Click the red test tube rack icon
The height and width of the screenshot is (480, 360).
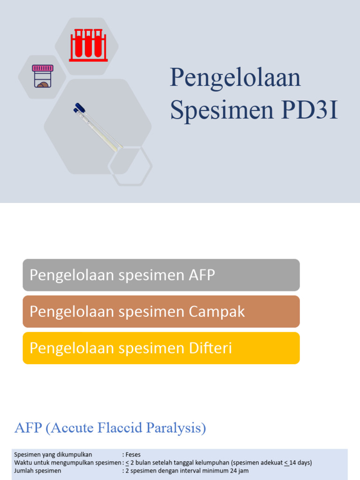[88, 45]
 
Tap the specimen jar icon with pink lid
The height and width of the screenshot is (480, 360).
[43, 76]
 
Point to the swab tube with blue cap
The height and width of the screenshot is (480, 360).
[98, 127]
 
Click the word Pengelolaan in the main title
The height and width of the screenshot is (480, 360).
[235, 78]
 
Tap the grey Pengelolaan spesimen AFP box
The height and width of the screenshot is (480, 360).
[161, 275]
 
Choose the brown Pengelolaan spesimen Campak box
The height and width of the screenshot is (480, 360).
[161, 312]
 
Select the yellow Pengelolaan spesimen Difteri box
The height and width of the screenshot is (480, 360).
[161, 348]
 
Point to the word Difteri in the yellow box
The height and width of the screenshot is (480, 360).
[211, 348]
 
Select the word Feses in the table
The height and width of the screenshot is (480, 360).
[133, 454]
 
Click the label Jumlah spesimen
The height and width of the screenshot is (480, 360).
[37, 471]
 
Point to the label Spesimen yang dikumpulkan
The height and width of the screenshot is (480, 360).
[53, 454]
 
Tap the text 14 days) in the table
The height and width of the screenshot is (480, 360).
[300, 463]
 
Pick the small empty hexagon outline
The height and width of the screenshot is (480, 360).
[130, 166]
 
